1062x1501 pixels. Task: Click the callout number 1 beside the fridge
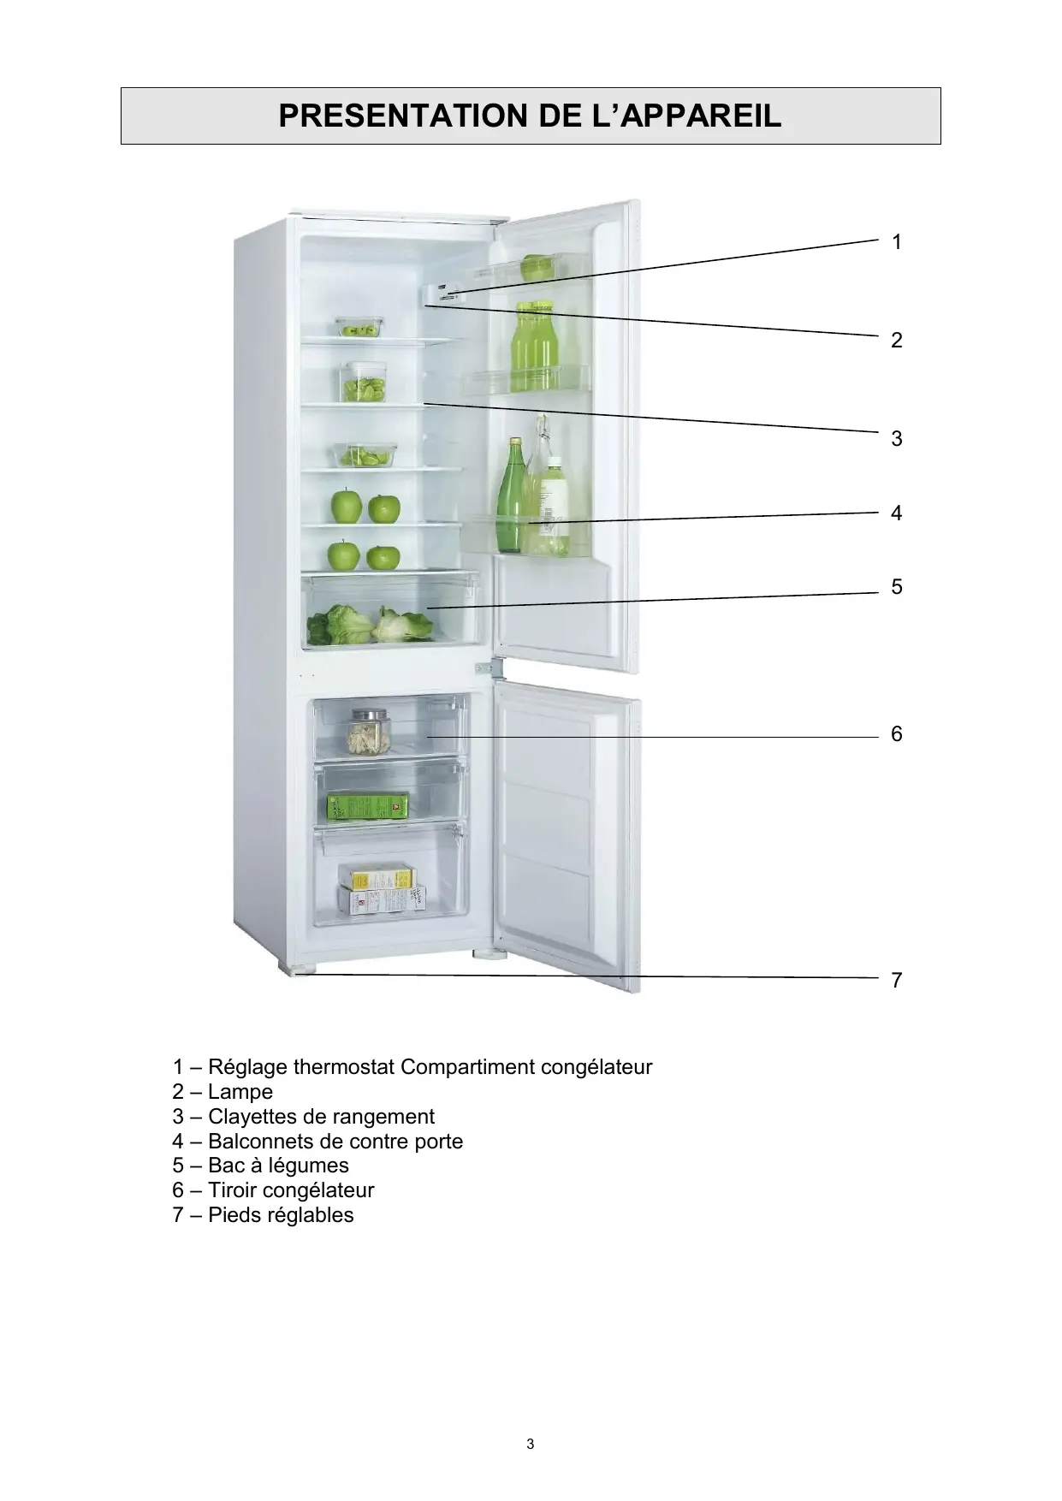point(896,243)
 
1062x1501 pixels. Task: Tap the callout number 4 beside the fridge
point(896,513)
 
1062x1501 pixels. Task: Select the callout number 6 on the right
point(896,734)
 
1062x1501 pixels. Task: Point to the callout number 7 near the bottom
point(896,981)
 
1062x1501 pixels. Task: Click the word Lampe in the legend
point(240,1092)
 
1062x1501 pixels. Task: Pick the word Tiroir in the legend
point(233,1190)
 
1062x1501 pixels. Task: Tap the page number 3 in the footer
point(531,1445)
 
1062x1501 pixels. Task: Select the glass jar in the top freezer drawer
point(368,731)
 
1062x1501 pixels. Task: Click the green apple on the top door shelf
point(537,268)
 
